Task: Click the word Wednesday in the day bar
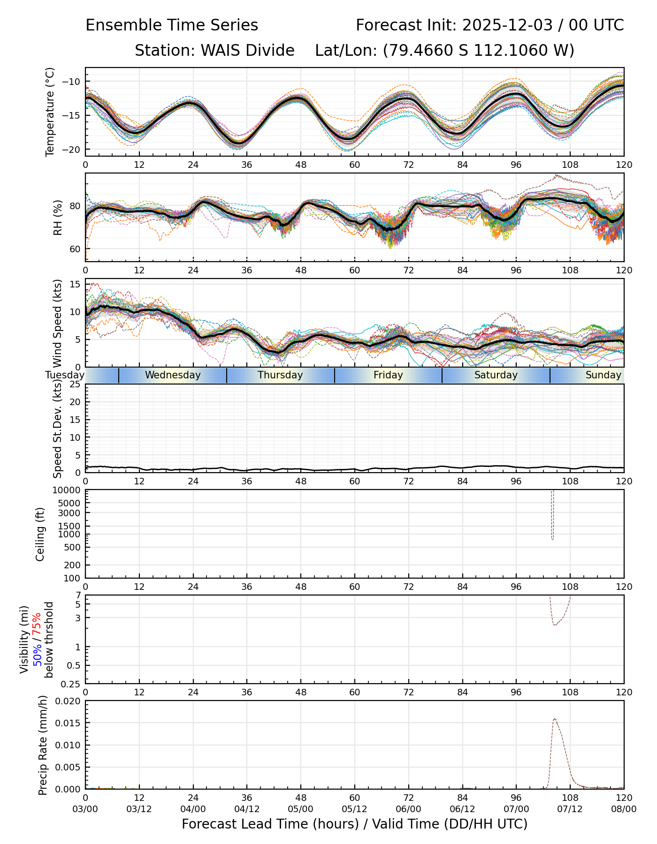(x=173, y=375)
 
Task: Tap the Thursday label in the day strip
(x=280, y=375)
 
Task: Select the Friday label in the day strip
(x=388, y=375)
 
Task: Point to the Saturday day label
(x=496, y=375)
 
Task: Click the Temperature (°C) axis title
(x=50, y=112)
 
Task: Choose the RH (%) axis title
(x=58, y=217)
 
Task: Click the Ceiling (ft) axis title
(x=40, y=534)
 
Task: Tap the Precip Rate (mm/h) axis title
(x=43, y=745)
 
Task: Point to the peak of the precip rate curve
(x=554, y=718)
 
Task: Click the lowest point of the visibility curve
(x=555, y=625)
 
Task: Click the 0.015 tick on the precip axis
(x=68, y=723)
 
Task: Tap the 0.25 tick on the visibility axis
(x=72, y=684)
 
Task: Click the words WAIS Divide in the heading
(x=247, y=50)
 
